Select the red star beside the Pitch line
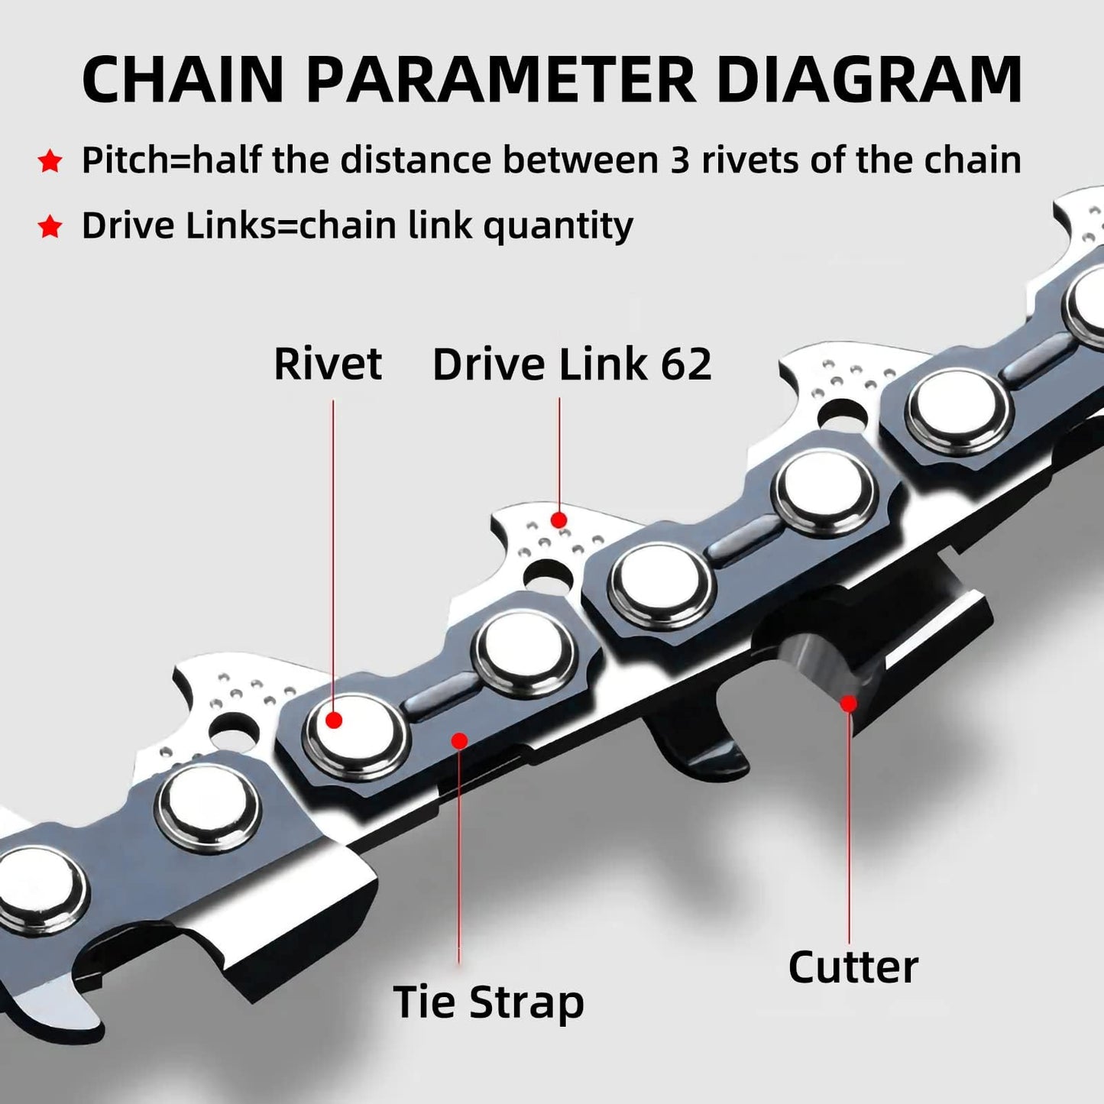pos(50,161)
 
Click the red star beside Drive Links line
pos(50,227)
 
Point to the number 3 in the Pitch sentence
pos(679,160)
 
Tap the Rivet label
pos(328,364)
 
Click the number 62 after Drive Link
pos(686,364)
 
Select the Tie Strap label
pos(488,1002)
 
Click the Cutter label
pos(853,967)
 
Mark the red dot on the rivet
pos(333,719)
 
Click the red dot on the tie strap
pos(459,740)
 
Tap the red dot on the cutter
pos(848,703)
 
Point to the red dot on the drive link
pos(559,520)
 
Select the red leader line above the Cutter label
pos(849,825)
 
